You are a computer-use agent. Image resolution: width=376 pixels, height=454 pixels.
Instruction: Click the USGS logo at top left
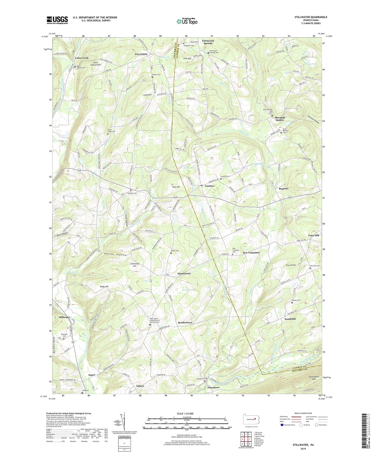(x=57, y=20)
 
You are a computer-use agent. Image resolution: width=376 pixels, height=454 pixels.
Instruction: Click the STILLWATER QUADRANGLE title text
(x=311, y=17)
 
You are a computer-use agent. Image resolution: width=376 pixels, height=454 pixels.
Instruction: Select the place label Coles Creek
(x=82, y=58)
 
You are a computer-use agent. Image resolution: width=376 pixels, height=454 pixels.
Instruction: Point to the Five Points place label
(x=141, y=54)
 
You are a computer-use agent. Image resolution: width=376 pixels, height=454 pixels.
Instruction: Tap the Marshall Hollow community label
(x=280, y=119)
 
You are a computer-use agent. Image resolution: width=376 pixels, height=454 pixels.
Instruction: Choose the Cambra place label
(x=209, y=186)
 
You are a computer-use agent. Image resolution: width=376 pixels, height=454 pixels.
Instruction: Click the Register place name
(x=283, y=189)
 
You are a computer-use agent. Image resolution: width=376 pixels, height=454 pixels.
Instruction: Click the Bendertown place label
(x=185, y=322)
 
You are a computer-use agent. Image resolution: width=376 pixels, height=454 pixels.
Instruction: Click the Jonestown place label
(x=213, y=387)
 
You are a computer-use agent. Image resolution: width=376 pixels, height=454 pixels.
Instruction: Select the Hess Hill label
(x=176, y=187)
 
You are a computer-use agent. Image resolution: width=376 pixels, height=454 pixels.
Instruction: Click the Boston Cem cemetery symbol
(x=152, y=77)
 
